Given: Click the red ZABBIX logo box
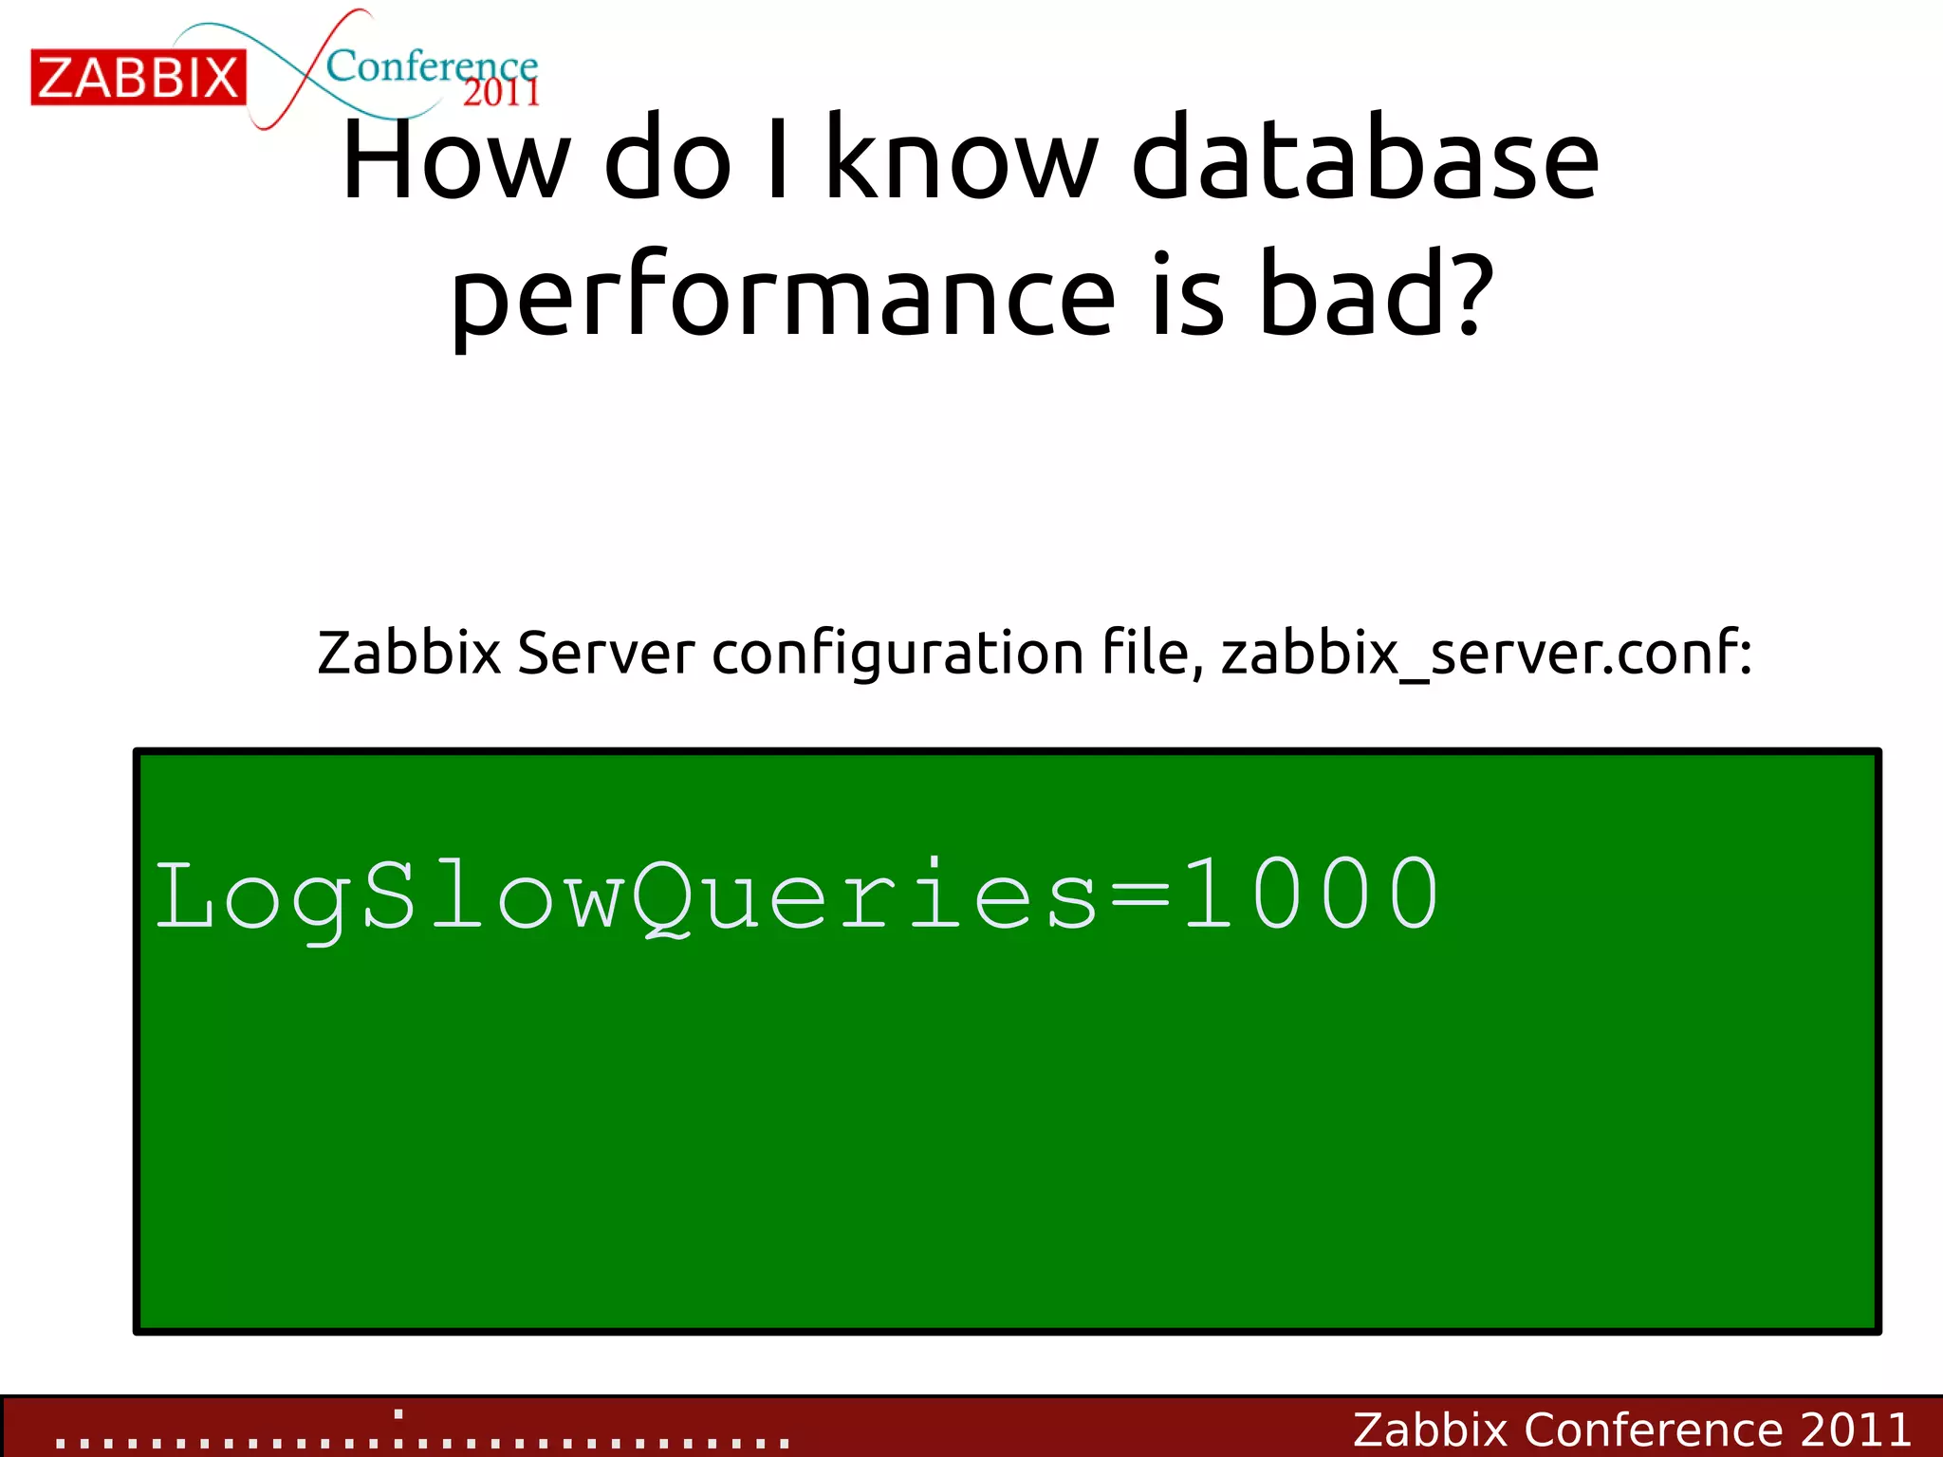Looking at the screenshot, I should click(x=139, y=78).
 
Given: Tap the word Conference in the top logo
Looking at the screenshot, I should click(x=431, y=66).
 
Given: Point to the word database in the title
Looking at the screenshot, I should click(x=1365, y=158).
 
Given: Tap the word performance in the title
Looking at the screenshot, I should click(x=783, y=296).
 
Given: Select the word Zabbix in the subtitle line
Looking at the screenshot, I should click(x=409, y=653).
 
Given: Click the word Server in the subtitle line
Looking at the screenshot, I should click(x=606, y=653).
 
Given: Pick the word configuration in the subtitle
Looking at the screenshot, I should click(x=897, y=655).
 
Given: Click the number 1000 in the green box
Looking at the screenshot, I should click(x=1311, y=894).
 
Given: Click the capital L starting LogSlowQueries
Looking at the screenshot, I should click(x=184, y=894).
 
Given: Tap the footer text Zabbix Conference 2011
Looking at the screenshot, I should click(x=1632, y=1429).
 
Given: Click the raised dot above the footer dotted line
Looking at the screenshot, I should click(x=398, y=1413).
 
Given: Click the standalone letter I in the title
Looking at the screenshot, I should click(x=778, y=158).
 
